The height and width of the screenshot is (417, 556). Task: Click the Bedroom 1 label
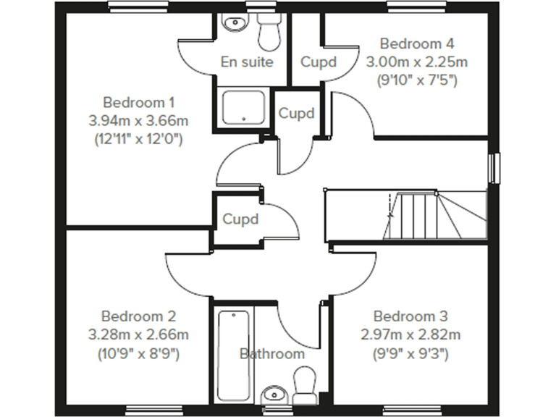(x=138, y=101)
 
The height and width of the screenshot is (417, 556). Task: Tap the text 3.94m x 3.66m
(x=138, y=120)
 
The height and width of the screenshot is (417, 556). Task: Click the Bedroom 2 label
(x=138, y=316)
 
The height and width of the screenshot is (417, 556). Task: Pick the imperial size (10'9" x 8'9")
(x=138, y=354)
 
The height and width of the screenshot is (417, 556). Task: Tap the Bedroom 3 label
(x=410, y=316)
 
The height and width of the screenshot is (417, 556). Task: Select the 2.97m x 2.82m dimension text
(x=410, y=334)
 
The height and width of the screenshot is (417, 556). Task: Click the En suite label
(x=248, y=62)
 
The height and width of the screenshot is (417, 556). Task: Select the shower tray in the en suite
(x=244, y=108)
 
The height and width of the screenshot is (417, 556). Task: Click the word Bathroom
(x=272, y=354)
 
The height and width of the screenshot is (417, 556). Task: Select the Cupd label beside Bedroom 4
(x=319, y=62)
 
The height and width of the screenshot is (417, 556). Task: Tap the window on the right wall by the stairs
(x=495, y=168)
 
